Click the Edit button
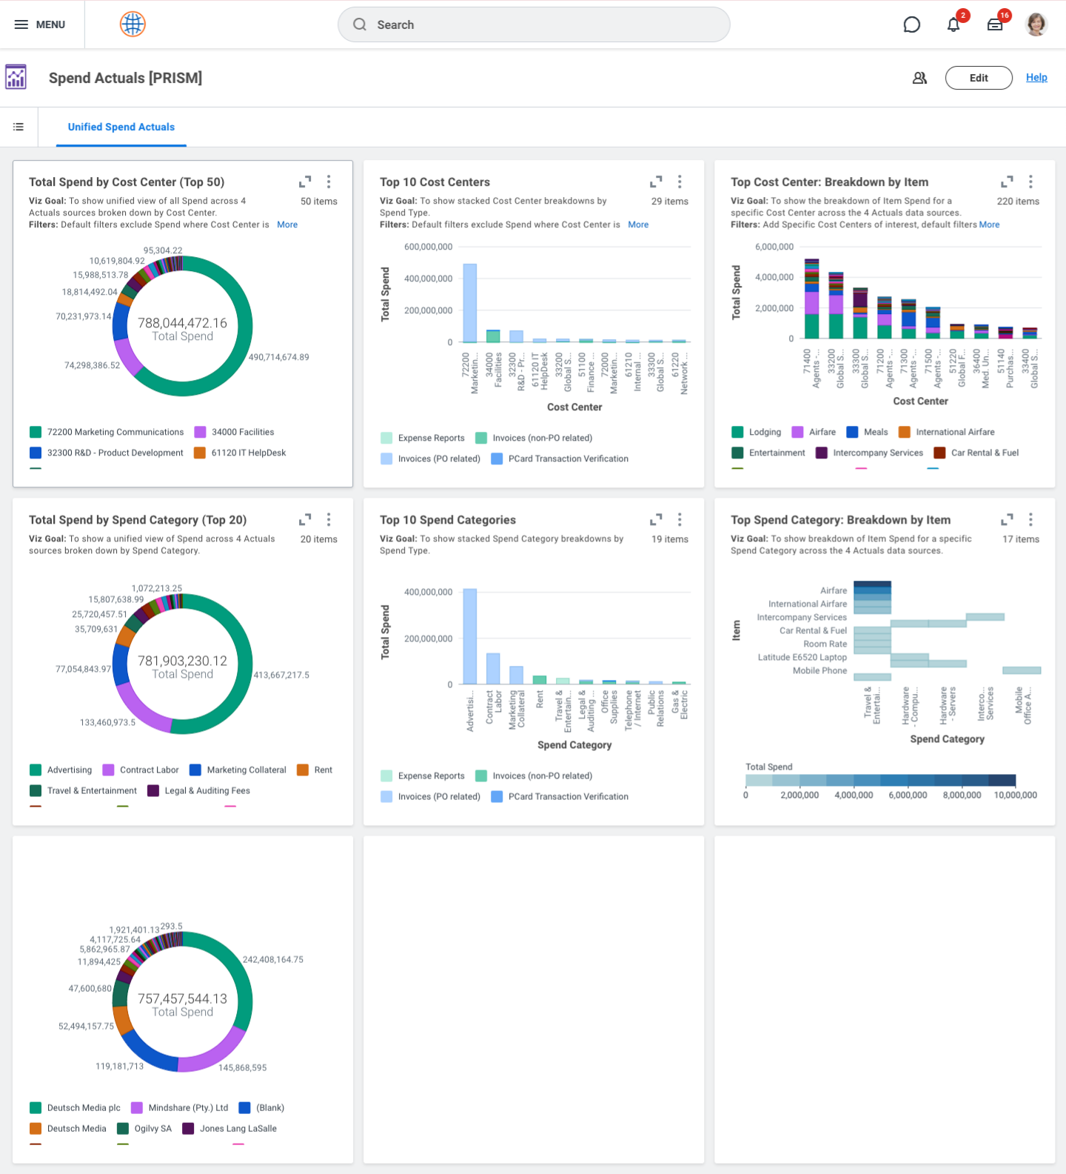coord(978,78)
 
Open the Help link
coord(1036,77)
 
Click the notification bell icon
coord(953,24)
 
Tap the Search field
coord(533,24)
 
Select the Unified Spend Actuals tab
coord(121,127)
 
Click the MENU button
coord(40,24)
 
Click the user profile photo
coord(1036,24)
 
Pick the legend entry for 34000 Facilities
coord(242,432)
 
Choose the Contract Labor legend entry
coord(149,770)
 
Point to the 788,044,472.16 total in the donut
coord(182,323)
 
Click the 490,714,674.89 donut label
coord(279,357)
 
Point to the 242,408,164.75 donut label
coord(273,959)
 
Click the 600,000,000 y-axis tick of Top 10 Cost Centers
coord(428,247)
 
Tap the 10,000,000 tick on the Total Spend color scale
coord(1015,795)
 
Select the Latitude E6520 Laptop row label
coord(802,657)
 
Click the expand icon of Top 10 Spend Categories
coord(656,519)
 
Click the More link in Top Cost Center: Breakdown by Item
coord(989,224)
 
